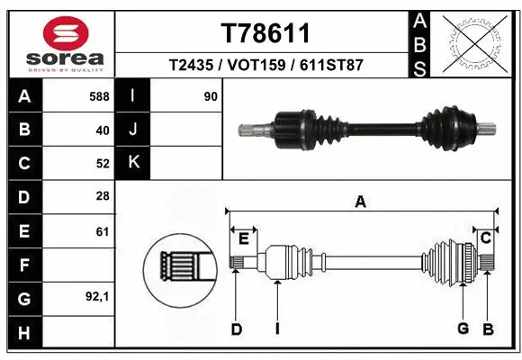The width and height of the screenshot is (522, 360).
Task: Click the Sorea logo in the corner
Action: pos(58,42)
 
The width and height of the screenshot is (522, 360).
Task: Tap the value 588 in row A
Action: pos(99,94)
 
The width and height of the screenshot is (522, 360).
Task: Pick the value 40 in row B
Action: pos(102,130)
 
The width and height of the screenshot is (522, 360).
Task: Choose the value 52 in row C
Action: pos(102,164)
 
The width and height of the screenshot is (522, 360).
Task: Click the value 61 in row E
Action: pos(102,231)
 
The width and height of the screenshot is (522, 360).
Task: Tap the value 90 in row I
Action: pos(211,94)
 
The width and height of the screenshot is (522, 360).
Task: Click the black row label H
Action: pos(23,333)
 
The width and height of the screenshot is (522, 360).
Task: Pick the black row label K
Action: pos(133,163)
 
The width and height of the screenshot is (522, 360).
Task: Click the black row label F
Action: pos(23,265)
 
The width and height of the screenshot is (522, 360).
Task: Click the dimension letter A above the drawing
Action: pos(360,202)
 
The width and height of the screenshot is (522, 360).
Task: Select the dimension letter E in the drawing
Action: pos(243,238)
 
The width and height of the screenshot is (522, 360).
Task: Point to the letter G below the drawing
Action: pos(463,328)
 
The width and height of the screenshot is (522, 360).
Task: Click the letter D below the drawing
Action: pos(237,329)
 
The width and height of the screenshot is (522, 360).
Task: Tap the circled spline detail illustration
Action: pos(178,266)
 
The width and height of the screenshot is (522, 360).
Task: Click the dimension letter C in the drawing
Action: pos(485,238)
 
